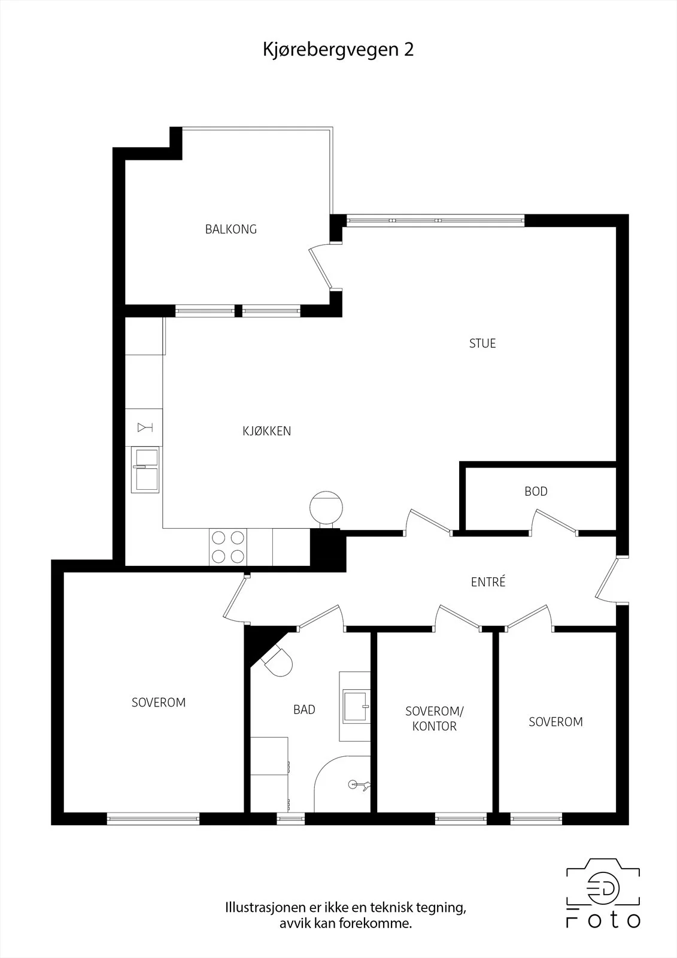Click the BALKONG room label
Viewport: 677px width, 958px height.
point(231,229)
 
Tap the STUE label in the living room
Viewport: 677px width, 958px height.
point(482,344)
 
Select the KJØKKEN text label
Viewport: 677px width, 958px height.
point(267,431)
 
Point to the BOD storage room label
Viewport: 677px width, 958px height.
point(536,492)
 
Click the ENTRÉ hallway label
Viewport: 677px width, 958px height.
point(488,581)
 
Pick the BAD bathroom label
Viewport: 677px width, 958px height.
point(304,710)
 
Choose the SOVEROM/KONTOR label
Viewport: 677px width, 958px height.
point(435,718)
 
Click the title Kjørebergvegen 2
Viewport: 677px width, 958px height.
point(338,50)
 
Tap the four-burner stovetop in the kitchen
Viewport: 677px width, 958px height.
point(228,547)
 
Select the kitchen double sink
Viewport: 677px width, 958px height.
point(145,470)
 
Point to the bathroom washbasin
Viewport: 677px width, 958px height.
point(356,704)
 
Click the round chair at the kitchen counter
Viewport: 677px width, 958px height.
point(326,508)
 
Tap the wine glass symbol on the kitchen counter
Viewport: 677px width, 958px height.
point(144,427)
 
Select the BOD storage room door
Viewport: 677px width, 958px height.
point(555,522)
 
